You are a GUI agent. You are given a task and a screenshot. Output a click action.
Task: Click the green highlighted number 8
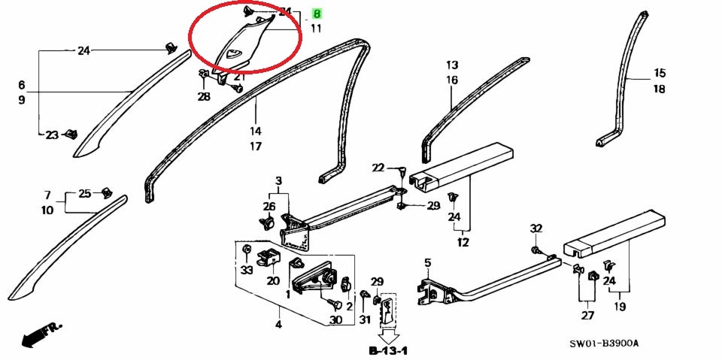317,14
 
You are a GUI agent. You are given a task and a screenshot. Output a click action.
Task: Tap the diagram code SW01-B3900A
604,343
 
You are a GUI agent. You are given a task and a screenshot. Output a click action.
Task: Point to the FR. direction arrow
39,335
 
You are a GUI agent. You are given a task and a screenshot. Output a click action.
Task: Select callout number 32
535,228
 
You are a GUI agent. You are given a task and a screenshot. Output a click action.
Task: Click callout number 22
378,168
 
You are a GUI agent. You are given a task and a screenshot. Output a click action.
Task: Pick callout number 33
247,269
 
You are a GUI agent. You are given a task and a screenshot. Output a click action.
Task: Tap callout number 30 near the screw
335,320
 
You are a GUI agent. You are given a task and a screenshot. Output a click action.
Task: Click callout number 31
366,320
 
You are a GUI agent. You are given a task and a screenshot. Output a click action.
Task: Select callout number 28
205,97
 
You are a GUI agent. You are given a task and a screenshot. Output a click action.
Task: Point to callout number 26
269,207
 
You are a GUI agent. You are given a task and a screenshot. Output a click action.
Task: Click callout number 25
85,193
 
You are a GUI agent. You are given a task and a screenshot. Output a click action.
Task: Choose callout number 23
51,135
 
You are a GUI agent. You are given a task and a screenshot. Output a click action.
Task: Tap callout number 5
427,263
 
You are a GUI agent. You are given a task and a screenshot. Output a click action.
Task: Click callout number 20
272,281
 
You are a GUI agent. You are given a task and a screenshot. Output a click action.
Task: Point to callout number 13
452,65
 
